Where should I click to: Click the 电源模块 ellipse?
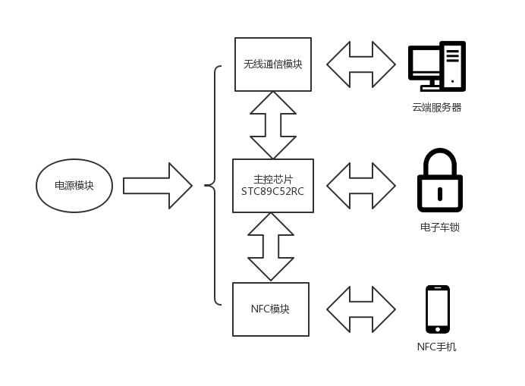coord(74,185)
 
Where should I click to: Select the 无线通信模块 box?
coord(273,64)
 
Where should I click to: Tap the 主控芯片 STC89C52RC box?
coord(273,186)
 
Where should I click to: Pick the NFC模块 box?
coord(271,309)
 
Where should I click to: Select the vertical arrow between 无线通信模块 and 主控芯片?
coord(273,125)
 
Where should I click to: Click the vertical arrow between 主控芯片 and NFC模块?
coord(271,247)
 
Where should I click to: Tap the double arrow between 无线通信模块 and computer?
coord(361,64)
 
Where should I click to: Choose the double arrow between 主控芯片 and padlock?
coord(361,186)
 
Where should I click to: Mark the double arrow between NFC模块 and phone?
coord(361,309)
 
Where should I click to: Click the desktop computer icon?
coord(436,67)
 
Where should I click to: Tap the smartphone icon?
coord(438,309)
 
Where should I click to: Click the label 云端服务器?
coord(437,108)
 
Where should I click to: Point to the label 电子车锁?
coord(440,227)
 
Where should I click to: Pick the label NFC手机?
coord(437,347)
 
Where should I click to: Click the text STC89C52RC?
coord(273,193)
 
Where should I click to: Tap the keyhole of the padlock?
coord(440,193)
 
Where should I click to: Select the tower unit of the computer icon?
coord(454,67)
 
